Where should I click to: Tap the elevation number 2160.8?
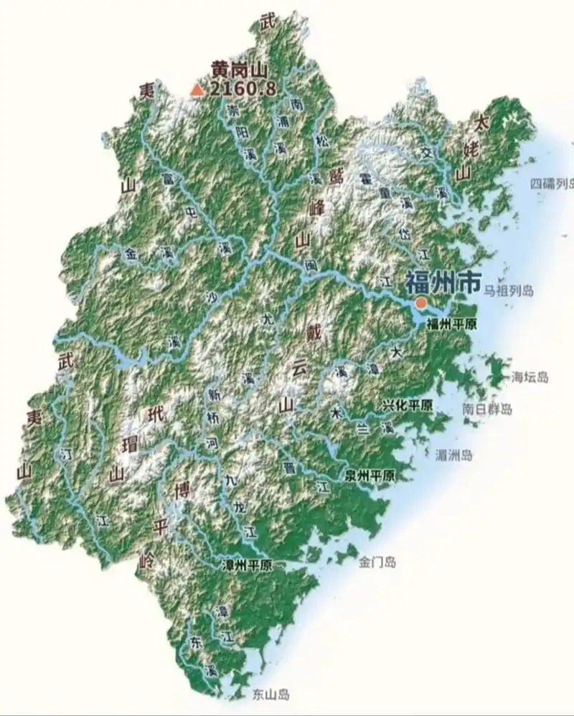tap(243, 89)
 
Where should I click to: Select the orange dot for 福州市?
tap(421, 303)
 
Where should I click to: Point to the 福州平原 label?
tap(452, 324)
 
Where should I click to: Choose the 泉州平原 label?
tap(370, 475)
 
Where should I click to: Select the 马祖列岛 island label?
tap(508, 291)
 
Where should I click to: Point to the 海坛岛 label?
tap(530, 377)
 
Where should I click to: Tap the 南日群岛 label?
tap(488, 410)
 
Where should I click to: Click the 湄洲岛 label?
tap(454, 455)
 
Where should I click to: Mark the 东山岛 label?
tap(270, 694)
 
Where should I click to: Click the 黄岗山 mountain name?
tap(239, 70)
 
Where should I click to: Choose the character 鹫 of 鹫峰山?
tap(335, 178)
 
